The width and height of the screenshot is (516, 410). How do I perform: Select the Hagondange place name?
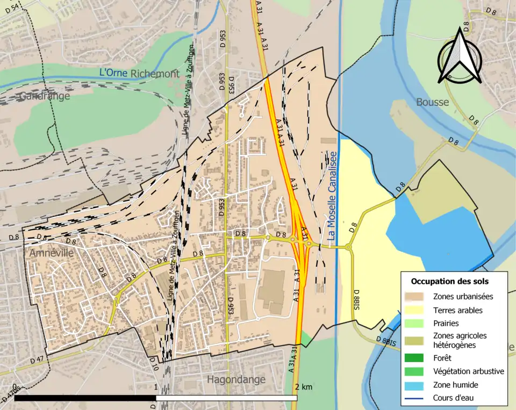point(236,379)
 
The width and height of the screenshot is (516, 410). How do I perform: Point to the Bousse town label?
point(432,102)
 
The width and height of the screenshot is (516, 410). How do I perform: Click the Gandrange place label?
point(45,96)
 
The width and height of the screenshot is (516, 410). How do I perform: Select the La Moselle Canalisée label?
point(332,195)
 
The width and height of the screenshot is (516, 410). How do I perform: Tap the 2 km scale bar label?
point(304,387)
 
